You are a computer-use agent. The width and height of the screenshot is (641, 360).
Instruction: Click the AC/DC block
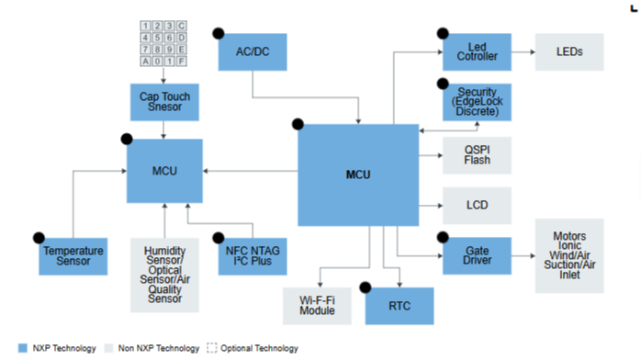point(253,52)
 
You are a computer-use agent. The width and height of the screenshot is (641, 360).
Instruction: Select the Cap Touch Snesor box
point(164,102)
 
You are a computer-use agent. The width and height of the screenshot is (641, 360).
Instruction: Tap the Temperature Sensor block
point(73,256)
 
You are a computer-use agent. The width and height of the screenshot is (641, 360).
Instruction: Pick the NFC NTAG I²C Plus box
point(253,256)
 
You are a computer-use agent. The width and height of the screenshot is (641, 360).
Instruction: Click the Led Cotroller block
point(477,52)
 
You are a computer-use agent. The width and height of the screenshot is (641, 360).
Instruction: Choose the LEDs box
point(569,52)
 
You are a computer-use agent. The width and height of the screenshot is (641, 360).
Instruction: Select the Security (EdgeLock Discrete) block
point(477,102)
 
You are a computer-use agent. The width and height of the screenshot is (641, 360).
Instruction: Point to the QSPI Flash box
point(477,155)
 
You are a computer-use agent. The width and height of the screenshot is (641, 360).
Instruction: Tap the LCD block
point(477,206)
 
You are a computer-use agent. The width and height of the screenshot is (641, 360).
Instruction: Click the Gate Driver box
point(477,256)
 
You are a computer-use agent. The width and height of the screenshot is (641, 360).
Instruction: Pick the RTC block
point(399,306)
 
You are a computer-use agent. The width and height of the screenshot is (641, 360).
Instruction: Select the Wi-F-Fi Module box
point(317,306)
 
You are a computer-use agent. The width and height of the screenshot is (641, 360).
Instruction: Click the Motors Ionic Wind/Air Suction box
point(569,256)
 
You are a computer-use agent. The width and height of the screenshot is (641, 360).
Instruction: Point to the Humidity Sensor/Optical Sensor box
point(164,275)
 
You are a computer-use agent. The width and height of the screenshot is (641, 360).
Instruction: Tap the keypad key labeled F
point(182,62)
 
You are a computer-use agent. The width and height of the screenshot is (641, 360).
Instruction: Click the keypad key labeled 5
point(157,38)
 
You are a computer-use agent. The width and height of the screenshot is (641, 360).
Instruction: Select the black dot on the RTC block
point(365,287)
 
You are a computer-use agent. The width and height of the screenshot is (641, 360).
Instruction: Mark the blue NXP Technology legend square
point(22,348)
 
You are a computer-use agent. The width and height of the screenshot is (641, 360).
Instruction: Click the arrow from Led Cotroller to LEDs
point(523,52)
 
